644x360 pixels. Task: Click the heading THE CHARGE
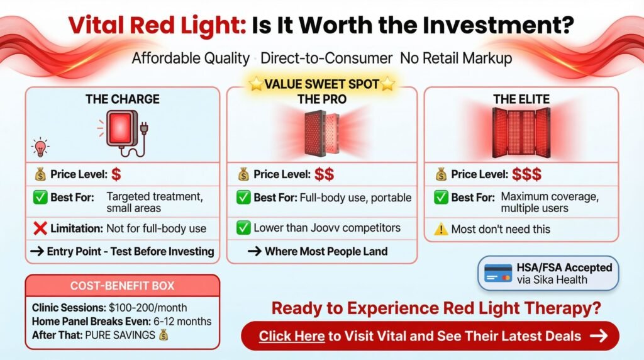tap(123, 99)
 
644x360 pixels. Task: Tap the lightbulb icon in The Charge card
tap(40, 148)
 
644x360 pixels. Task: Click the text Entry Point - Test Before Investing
tap(130, 252)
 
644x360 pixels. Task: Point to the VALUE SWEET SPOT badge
tap(321, 84)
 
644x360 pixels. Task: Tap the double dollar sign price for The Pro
tap(325, 174)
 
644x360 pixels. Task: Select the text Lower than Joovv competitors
tap(326, 228)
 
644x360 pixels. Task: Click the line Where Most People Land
tap(326, 252)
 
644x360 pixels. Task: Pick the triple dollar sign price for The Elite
tap(526, 174)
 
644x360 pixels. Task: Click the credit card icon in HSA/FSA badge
tap(498, 273)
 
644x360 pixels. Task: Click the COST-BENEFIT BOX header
tap(123, 285)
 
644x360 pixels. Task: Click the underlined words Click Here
tap(292, 335)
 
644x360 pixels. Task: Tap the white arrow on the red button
tap(599, 335)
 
